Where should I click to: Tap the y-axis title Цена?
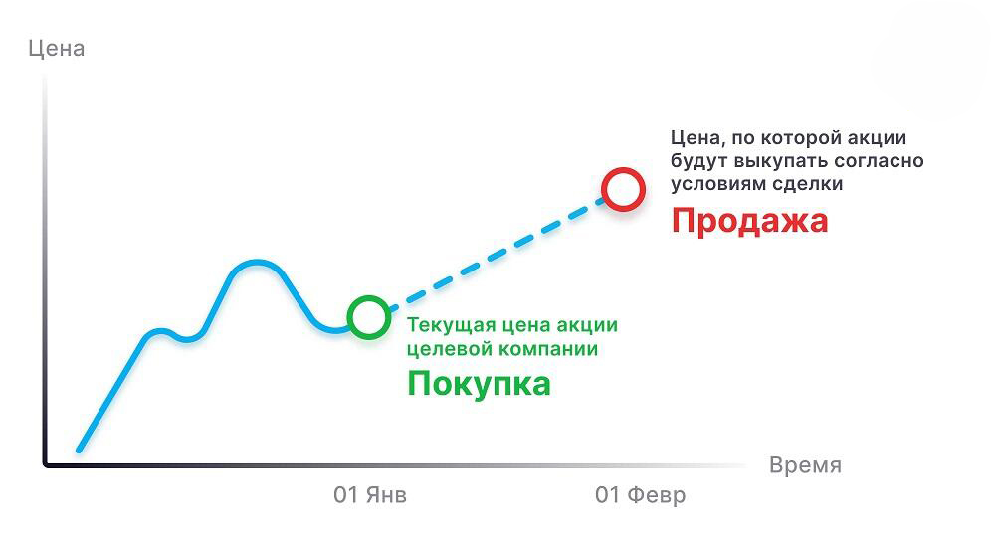click(x=57, y=49)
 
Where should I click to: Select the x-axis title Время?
click(x=805, y=465)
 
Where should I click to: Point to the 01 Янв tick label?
click(x=370, y=495)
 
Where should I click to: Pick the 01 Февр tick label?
click(x=640, y=495)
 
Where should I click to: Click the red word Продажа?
click(x=749, y=221)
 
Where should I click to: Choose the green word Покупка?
click(x=479, y=384)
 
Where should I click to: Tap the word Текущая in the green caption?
click(x=451, y=326)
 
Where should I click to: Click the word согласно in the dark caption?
click(x=879, y=161)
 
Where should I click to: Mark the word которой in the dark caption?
click(x=797, y=138)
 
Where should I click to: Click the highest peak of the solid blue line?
click(x=256, y=262)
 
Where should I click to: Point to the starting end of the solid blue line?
click(x=79, y=451)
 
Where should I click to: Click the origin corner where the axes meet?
click(x=46, y=464)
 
